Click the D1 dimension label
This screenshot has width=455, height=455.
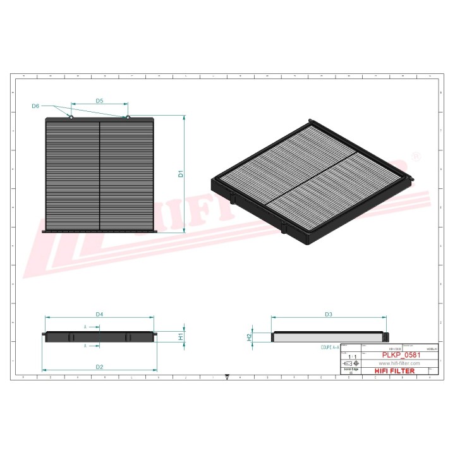(180, 173)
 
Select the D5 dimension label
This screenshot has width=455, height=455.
(99, 101)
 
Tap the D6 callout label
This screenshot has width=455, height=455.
(35, 106)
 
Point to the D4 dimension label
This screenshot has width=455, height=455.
(99, 314)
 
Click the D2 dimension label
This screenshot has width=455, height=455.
(99, 367)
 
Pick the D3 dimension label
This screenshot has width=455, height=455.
(328, 314)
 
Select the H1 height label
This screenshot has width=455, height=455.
(180, 337)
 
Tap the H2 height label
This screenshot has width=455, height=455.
(249, 337)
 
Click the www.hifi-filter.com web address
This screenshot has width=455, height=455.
(399, 363)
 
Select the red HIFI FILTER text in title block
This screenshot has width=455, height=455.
(395, 371)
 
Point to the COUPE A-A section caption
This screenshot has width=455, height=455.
(330, 348)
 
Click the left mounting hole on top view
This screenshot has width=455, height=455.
(71, 117)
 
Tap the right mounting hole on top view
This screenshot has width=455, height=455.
(127, 117)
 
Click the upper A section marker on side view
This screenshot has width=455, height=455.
(85, 327)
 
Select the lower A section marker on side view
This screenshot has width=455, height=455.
(85, 346)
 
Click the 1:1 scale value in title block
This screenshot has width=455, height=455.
(353, 357)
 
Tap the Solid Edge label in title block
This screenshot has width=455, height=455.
(350, 370)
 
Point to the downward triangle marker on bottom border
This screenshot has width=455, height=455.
(226, 377)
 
